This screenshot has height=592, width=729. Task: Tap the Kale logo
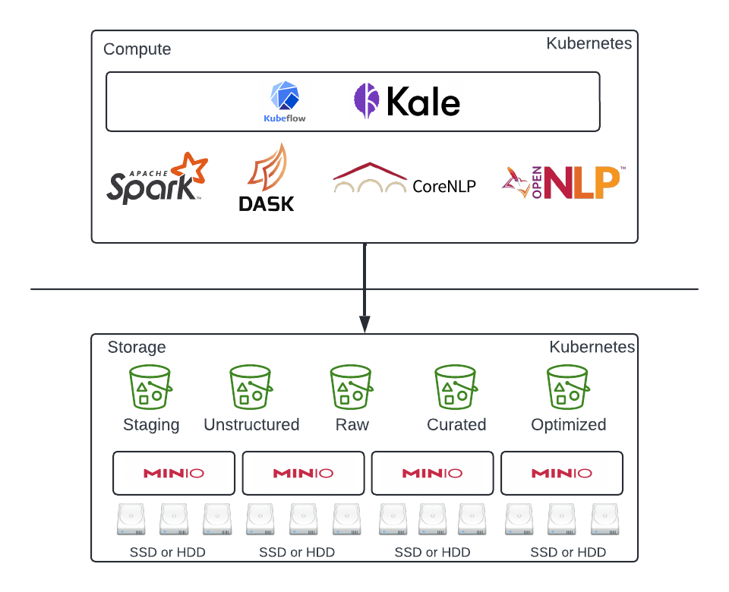pyautogui.click(x=407, y=101)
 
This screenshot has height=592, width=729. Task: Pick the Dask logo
pyautogui.click(x=266, y=178)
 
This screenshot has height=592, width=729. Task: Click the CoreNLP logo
pyautogui.click(x=404, y=179)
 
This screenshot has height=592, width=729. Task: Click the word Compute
pyautogui.click(x=137, y=49)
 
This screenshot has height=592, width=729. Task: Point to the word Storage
pyautogui.click(x=137, y=347)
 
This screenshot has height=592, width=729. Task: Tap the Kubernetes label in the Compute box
pyautogui.click(x=589, y=43)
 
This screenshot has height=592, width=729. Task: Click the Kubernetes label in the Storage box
pyautogui.click(x=592, y=347)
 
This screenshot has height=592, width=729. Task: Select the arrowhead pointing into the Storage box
pyautogui.click(x=364, y=324)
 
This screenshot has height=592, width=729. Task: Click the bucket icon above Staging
pyautogui.click(x=150, y=387)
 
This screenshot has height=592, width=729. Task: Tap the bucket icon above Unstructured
pyautogui.click(x=251, y=387)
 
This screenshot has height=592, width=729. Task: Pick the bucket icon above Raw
pyautogui.click(x=352, y=387)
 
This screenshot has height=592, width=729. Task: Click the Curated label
pyautogui.click(x=456, y=424)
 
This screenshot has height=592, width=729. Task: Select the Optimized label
pyautogui.click(x=569, y=424)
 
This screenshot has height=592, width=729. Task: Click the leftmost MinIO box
pyautogui.click(x=174, y=473)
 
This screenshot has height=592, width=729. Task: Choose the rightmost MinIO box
pyautogui.click(x=562, y=473)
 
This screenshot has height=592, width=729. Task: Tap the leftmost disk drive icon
pyautogui.click(x=131, y=520)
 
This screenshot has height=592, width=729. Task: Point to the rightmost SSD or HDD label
pyautogui.click(x=568, y=552)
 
